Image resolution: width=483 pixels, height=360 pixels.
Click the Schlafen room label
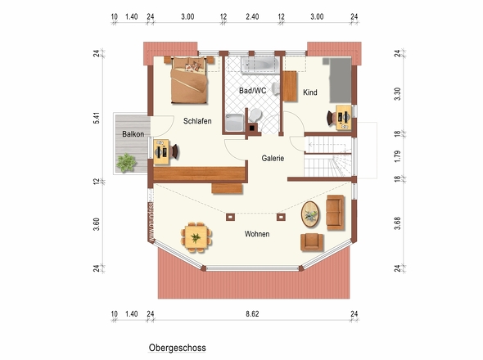click(x=197, y=121)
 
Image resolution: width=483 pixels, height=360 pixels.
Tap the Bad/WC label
click(x=253, y=91)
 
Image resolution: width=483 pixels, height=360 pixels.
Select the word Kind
click(x=310, y=92)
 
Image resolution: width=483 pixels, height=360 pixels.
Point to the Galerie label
click(x=273, y=158)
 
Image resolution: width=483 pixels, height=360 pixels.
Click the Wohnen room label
click(x=257, y=234)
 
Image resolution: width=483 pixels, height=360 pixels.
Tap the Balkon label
click(x=133, y=134)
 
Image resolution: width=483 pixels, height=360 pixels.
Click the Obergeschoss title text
click(x=178, y=348)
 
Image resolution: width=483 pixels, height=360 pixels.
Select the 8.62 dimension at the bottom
click(x=252, y=314)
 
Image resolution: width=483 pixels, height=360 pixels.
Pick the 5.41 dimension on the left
click(x=97, y=119)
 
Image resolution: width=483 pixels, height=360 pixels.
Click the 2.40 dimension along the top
click(x=252, y=16)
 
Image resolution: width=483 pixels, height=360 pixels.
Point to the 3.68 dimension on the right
click(x=398, y=223)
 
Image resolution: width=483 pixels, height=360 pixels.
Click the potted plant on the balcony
click(x=126, y=162)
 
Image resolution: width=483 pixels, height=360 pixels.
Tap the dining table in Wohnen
click(x=196, y=237)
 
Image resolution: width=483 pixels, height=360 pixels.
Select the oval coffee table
click(x=310, y=214)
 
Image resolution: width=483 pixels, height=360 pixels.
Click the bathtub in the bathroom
click(x=260, y=65)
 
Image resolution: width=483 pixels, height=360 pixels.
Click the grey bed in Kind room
click(x=340, y=80)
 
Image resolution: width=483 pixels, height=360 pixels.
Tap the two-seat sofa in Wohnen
click(x=335, y=213)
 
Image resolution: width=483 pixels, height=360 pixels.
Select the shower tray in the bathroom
click(x=235, y=123)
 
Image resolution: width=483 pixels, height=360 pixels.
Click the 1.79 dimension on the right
click(x=398, y=156)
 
